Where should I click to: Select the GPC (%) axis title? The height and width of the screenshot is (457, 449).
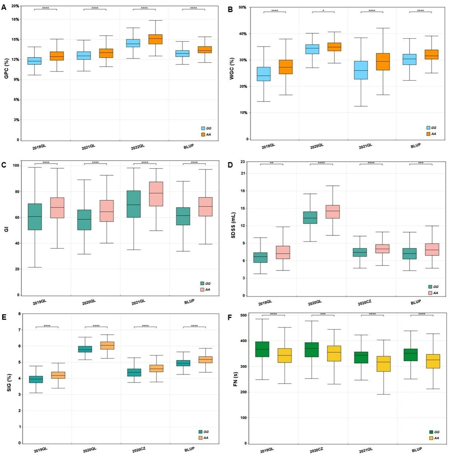coord(6,69)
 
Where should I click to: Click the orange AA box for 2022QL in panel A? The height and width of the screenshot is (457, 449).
coord(155,39)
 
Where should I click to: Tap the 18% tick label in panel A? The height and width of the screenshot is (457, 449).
coord(16,19)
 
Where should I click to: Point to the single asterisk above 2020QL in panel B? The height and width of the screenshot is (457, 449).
coord(323,11)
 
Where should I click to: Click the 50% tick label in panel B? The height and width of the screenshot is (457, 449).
coord(242,8)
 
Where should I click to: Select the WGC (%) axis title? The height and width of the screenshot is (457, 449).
coord(232,69)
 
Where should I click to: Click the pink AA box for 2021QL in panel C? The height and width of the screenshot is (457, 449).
coord(156,194)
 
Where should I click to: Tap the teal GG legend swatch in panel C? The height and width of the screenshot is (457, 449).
coord(202,283)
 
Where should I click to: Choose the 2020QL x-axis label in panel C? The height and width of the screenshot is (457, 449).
coord(89,302)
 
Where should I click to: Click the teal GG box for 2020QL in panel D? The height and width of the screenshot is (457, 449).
coord(310,218)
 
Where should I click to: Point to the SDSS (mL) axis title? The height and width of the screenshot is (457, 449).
coord(233,225)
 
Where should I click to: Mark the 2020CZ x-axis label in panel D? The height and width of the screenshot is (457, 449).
coord(365,303)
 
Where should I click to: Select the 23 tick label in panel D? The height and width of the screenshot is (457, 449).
coord(243,162)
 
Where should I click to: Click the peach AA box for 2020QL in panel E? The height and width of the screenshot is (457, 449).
coord(107,345)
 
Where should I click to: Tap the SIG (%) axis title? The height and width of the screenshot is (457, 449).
coord(9,383)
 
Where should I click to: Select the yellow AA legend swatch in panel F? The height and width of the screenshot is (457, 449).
coord(431,438)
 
